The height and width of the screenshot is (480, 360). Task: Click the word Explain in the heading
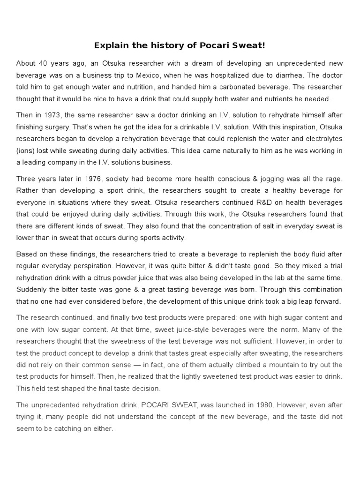click(x=111, y=45)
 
